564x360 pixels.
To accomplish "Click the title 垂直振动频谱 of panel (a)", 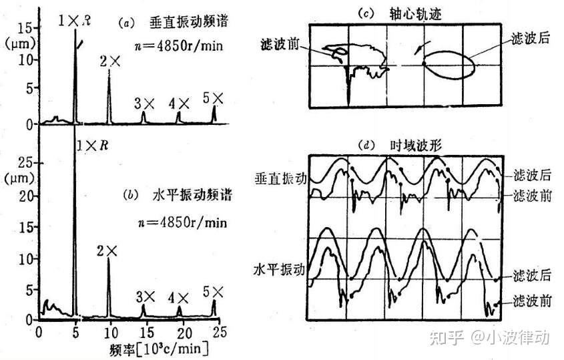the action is (188, 22).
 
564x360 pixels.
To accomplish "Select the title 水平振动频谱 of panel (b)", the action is (192, 195).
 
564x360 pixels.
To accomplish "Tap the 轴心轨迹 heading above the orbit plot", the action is (415, 14).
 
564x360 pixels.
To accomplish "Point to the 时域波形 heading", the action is (416, 146).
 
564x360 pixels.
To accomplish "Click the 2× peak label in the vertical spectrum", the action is (110, 62).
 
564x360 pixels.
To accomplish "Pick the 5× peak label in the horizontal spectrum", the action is (213, 292).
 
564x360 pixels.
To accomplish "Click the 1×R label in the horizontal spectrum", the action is (92, 146).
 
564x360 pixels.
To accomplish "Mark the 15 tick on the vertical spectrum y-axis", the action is (25, 28).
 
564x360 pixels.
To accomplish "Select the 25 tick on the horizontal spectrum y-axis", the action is (25, 163).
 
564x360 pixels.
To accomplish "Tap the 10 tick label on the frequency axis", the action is (111, 332).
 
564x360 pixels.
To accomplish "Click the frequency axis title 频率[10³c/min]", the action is (159, 349).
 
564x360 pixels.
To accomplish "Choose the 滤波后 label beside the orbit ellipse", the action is (531, 38).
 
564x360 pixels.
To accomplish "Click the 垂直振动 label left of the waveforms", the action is (280, 178).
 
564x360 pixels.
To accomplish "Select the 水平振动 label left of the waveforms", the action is (280, 269).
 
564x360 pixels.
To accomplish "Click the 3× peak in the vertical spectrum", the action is (144, 118).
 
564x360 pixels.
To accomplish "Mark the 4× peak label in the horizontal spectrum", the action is (179, 298).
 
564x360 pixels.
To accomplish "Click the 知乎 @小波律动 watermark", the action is (490, 338).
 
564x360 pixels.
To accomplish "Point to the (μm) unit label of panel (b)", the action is (21, 178).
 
